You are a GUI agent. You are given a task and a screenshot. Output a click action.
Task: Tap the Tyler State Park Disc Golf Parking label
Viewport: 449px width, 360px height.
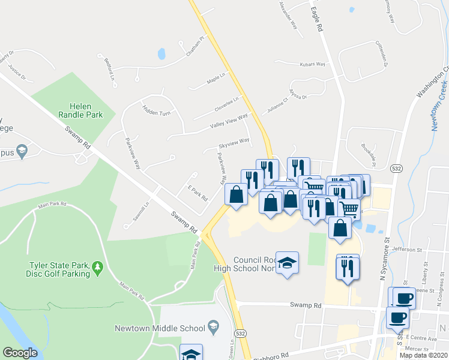click(58, 269)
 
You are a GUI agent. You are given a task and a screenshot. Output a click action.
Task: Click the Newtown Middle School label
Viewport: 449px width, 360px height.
click(159, 328)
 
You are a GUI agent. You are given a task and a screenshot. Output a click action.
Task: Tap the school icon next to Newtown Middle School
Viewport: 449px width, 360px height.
click(212, 328)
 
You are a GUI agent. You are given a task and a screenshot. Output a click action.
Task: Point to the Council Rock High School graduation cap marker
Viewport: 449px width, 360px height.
click(288, 263)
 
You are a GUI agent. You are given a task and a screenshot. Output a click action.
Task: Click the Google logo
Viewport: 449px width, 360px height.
click(20, 353)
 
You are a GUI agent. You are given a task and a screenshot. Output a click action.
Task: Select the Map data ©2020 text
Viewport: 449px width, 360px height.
click(423, 355)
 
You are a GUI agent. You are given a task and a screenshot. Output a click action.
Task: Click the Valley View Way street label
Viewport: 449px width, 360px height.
click(229, 122)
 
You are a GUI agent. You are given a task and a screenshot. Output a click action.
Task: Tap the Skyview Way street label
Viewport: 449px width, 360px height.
click(234, 142)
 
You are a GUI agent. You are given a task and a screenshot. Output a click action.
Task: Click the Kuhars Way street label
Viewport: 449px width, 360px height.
click(312, 64)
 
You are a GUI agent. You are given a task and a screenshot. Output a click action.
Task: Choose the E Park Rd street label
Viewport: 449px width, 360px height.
click(197, 193)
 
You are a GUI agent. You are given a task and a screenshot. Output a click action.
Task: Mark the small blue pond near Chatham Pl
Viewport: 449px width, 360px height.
click(161, 54)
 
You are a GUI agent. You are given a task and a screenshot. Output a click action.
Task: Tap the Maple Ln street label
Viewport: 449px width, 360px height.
click(215, 79)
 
